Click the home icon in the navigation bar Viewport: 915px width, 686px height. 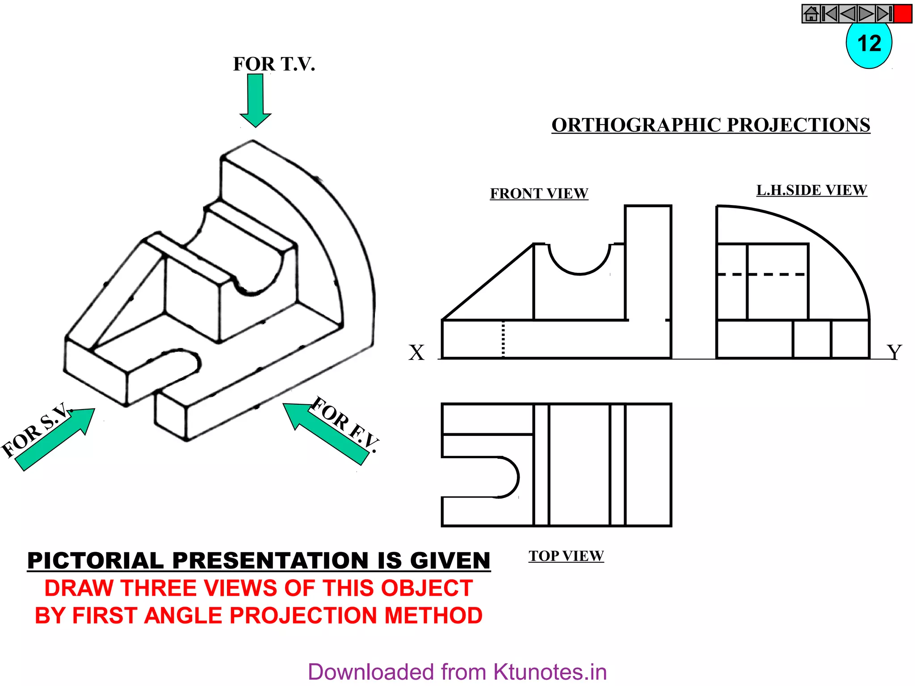[811, 14]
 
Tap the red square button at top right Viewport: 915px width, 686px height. [903, 14]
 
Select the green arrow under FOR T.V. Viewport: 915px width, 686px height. [256, 100]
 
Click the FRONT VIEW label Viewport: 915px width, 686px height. [539, 193]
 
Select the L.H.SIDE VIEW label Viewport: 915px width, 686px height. [811, 190]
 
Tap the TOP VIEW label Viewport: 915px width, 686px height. [566, 556]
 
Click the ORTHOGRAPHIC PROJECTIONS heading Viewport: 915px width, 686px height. [710, 125]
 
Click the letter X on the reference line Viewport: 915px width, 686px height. [416, 352]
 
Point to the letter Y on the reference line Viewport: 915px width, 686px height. [894, 352]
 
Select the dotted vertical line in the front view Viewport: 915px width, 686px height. [504, 339]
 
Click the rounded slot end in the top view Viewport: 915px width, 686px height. [509, 477]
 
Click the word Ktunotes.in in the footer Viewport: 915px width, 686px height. [550, 672]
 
